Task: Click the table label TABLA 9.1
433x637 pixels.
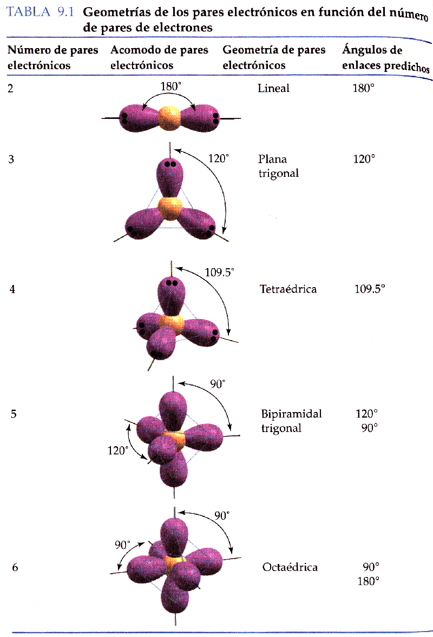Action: [x=40, y=12]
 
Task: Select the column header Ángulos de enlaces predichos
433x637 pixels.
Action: [x=385, y=58]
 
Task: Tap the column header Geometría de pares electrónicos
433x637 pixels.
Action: [x=274, y=57]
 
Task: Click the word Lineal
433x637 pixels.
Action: [x=274, y=88]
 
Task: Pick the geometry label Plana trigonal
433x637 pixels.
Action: [x=279, y=166]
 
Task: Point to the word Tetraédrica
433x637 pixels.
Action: [x=288, y=289]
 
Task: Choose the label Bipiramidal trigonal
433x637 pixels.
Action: [x=291, y=421]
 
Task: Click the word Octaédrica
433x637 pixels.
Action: [x=290, y=567]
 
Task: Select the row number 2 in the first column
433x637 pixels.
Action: [x=11, y=88]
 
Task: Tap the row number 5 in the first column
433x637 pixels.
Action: [x=14, y=414]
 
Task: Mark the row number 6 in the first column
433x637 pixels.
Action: [x=15, y=567]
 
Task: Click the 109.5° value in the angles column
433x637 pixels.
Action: [x=370, y=289]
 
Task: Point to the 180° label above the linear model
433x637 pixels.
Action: [x=170, y=86]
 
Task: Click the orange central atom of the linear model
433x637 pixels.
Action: [x=169, y=118]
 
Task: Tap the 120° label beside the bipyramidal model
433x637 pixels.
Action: [x=118, y=450]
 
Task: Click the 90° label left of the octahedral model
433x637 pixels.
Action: [x=122, y=545]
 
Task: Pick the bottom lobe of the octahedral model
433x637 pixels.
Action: [x=175, y=595]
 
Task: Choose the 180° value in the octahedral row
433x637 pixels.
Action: [x=369, y=581]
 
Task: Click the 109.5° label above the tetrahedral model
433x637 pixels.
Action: [x=220, y=272]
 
